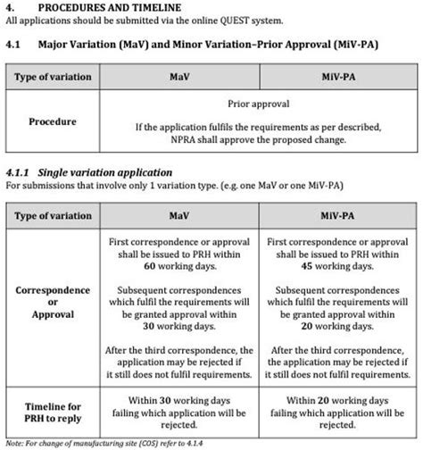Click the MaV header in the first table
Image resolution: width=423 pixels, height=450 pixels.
click(178, 78)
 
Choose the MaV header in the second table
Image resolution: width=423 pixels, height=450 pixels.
click(178, 217)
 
